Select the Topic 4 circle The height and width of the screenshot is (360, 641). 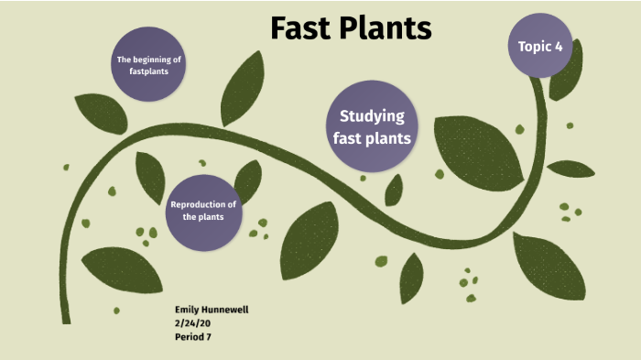(x=540, y=45)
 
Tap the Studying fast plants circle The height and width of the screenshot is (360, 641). (x=372, y=127)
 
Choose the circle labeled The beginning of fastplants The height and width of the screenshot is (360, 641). (x=149, y=64)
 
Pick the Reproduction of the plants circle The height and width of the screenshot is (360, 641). (x=203, y=211)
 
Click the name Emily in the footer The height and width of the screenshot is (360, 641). (x=189, y=311)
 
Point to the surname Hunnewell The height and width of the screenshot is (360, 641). (x=227, y=311)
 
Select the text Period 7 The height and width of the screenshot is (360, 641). (x=194, y=336)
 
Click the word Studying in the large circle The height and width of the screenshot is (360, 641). (x=372, y=116)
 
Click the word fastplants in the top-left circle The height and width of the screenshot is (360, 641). (x=149, y=71)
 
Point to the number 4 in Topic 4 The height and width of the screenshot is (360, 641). (x=558, y=45)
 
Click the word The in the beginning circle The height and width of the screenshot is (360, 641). (x=125, y=59)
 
